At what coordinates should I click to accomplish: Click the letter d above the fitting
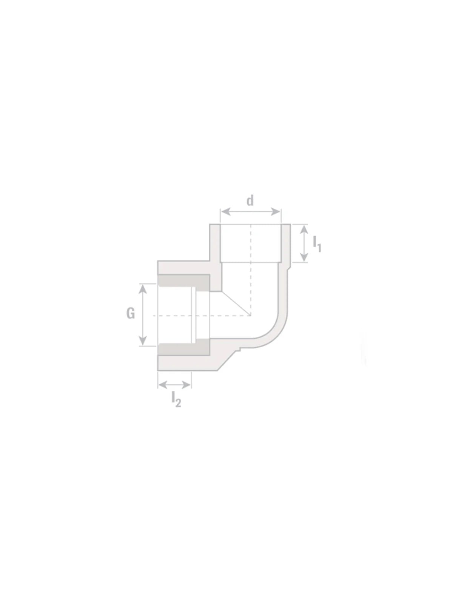pos(250,200)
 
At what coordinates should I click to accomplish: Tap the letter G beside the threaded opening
pos(131,313)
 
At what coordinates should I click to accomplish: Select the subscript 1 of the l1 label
pos(319,248)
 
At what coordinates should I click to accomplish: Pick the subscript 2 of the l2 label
pos(178,403)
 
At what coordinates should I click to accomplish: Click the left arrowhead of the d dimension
pos(225,212)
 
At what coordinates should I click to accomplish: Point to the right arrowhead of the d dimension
pos(276,212)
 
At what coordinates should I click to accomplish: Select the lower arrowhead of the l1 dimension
pos(304,257)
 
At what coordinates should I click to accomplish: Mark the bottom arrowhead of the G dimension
pos(142,341)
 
